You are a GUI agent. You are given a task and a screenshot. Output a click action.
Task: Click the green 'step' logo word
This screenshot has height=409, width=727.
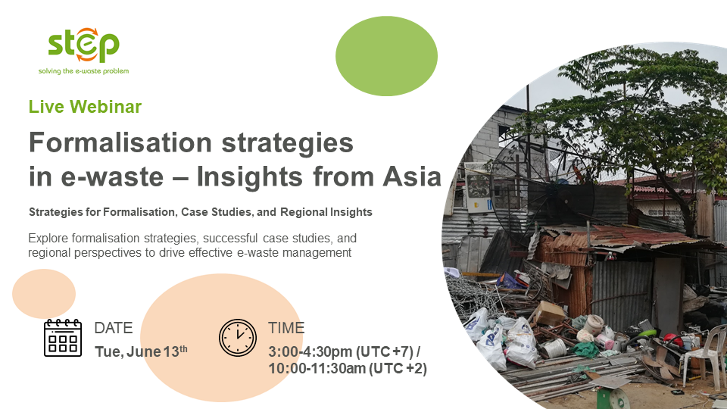coord(83,45)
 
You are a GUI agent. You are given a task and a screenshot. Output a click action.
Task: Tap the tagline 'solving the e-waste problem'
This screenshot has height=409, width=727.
coord(83,71)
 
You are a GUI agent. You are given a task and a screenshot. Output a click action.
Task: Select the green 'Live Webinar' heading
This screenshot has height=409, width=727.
coord(85,107)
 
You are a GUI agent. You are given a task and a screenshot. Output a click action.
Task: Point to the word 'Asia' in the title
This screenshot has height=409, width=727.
coord(412,176)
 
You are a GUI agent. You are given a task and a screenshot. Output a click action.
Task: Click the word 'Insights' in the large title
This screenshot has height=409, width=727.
coord(249,178)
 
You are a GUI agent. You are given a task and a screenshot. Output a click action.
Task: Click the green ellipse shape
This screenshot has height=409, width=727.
coord(386,56)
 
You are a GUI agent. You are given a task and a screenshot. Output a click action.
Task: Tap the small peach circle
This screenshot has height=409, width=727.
coord(44,294)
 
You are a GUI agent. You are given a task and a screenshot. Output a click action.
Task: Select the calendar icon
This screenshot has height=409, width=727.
coord(63,338)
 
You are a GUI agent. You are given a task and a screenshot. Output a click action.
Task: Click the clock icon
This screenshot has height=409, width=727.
coord(237,338)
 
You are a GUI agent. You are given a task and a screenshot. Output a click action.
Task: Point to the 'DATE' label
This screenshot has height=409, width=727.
coord(114,328)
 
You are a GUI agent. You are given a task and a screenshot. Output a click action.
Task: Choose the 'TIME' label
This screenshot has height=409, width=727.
coord(286,328)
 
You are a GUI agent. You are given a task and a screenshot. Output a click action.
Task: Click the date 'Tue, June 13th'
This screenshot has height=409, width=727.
coord(141,351)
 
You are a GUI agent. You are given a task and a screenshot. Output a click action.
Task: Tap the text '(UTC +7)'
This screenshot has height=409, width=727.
coord(385,351)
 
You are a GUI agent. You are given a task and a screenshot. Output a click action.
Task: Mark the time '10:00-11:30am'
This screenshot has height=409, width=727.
coord(317,369)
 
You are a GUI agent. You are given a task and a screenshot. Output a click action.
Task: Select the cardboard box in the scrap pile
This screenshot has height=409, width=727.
coord(551,314)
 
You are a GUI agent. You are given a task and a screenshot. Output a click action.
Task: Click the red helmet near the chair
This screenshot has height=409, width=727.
coord(672,339)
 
